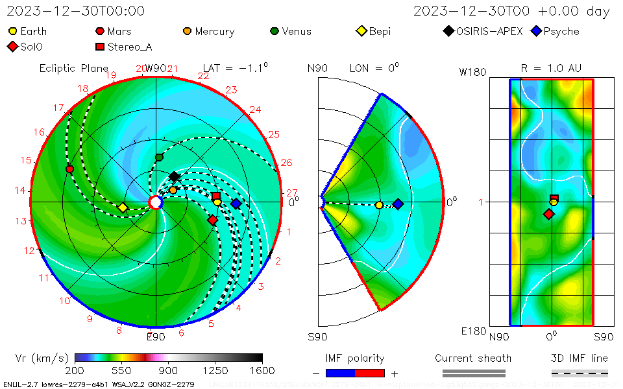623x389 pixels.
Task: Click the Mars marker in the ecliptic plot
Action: point(69,169)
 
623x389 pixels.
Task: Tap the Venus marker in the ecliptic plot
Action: point(159,158)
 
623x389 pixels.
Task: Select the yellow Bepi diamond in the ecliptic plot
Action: point(122,207)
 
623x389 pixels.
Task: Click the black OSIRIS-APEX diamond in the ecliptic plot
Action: point(174,176)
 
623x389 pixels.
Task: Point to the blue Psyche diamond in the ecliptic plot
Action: point(236,204)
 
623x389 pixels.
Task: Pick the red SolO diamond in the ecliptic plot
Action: point(212,220)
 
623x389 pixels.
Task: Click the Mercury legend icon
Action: point(187,31)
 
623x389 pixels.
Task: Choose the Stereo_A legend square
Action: point(100,47)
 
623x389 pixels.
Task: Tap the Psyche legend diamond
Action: point(535,31)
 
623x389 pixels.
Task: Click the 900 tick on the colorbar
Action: point(168,370)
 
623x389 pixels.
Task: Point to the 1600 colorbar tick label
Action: point(262,370)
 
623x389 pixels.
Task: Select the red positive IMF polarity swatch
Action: point(370,373)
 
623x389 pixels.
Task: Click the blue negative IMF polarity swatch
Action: point(340,373)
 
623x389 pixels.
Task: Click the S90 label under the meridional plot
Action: point(317,336)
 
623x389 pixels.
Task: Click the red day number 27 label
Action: point(291,193)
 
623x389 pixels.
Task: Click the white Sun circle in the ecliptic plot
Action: point(155,203)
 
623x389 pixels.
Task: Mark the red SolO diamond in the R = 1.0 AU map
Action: point(549,214)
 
